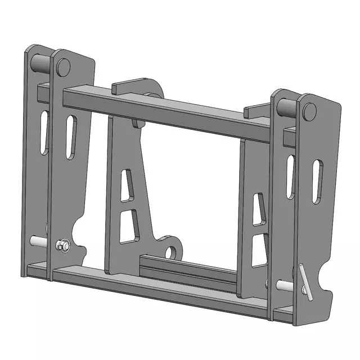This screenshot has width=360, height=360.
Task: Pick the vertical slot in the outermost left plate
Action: (44, 132)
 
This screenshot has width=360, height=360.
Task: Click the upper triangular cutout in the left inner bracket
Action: (128, 187)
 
